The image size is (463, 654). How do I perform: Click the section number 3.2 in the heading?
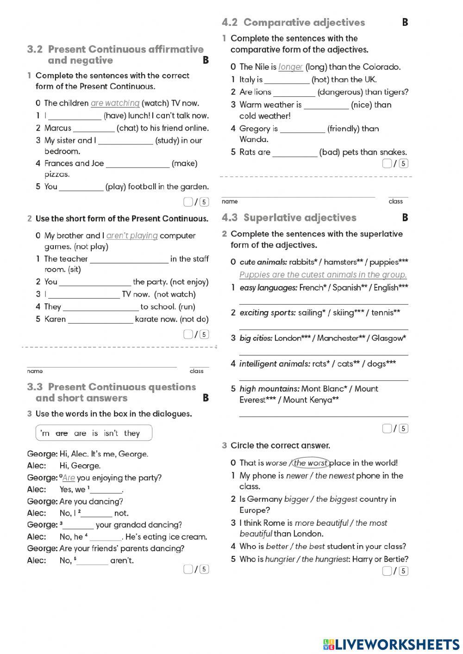(35, 50)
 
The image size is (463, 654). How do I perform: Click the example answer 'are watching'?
(115, 103)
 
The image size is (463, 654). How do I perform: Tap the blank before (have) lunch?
(75, 116)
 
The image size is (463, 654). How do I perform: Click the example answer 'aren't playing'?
(132, 236)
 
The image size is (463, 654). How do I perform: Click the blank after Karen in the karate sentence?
(100, 319)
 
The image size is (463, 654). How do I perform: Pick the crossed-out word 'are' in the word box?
(62, 433)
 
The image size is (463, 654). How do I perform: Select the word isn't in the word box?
(111, 433)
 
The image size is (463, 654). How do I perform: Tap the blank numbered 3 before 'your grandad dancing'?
(78, 525)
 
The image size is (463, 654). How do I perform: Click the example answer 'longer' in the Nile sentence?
(290, 67)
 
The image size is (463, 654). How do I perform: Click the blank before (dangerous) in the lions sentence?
(294, 92)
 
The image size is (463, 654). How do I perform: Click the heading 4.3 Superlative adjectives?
(289, 218)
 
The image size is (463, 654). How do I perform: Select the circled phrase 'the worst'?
(311, 463)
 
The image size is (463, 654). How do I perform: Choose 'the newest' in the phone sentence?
(334, 475)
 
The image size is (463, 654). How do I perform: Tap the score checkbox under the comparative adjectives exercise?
(387, 163)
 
